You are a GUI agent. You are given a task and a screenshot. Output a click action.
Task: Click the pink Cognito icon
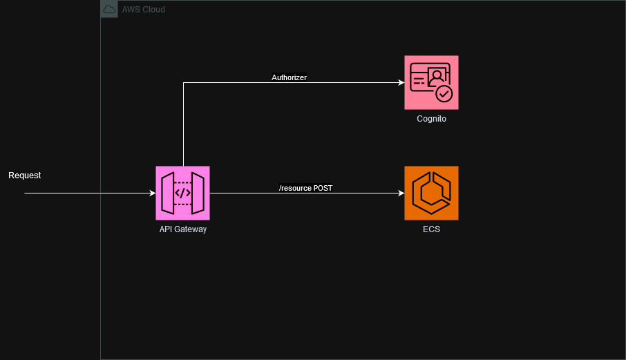(431, 83)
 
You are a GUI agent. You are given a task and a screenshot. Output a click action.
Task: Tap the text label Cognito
(431, 119)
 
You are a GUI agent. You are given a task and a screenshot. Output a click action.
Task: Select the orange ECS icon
(431, 193)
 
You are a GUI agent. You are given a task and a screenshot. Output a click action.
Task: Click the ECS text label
(431, 229)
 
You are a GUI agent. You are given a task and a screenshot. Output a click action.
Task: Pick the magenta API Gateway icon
(182, 193)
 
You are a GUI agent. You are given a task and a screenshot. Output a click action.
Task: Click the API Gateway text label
(182, 229)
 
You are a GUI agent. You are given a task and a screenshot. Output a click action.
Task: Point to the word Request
(24, 176)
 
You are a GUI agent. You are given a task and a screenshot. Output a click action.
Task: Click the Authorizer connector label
(289, 78)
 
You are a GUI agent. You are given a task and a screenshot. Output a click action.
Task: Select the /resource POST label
(305, 188)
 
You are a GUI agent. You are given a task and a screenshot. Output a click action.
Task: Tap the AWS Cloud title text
(143, 10)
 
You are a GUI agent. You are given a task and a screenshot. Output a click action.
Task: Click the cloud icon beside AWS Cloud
(109, 9)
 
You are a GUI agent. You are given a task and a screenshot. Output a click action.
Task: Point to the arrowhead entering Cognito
(401, 83)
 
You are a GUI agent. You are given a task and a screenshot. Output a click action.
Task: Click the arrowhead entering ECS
(401, 193)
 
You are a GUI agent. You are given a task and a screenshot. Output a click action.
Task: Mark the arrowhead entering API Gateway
(152, 193)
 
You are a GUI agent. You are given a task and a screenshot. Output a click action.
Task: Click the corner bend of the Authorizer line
(183, 83)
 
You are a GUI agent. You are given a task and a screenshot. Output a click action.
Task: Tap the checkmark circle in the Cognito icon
(444, 93)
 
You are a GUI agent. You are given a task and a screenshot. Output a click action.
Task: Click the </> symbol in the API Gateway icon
(182, 193)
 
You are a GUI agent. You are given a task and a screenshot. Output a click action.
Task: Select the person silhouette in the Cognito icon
(437, 75)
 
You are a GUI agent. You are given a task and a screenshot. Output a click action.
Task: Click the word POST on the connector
(323, 188)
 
